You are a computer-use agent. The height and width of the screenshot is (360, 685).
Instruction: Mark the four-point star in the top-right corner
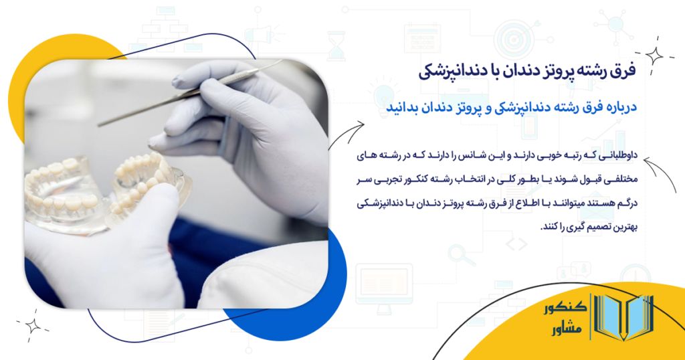pos(654,57)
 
